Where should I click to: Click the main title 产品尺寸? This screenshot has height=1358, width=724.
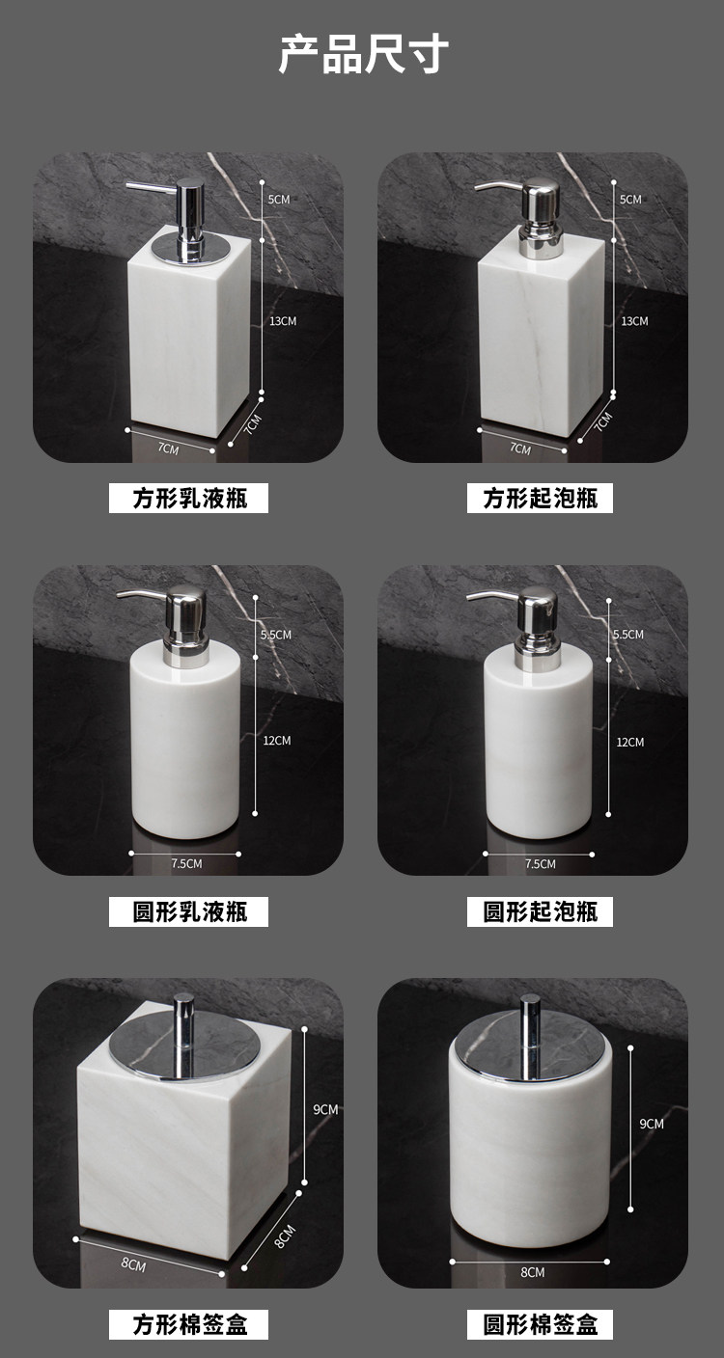click(363, 55)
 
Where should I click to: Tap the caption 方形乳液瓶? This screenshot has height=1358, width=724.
click(189, 499)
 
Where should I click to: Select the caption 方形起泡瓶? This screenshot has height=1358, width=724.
click(541, 499)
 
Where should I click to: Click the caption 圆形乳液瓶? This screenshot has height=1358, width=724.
click(189, 911)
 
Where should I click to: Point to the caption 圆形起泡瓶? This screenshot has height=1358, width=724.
click(541, 911)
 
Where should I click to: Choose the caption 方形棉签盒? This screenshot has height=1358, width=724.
click(189, 1324)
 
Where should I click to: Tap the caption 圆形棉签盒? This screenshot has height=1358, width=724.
click(541, 1324)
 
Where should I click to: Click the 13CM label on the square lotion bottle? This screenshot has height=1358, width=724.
click(283, 321)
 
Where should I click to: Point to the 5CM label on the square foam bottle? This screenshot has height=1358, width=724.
click(630, 199)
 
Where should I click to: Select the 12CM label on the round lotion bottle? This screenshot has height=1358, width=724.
click(277, 740)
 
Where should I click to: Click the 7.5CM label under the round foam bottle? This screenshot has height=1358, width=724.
click(541, 864)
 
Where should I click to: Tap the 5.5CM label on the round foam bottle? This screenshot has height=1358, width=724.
click(628, 634)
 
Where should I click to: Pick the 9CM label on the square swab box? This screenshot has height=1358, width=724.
click(325, 1109)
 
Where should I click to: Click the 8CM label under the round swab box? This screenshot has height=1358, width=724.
click(532, 1272)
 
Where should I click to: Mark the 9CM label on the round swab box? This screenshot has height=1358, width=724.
click(652, 1124)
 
